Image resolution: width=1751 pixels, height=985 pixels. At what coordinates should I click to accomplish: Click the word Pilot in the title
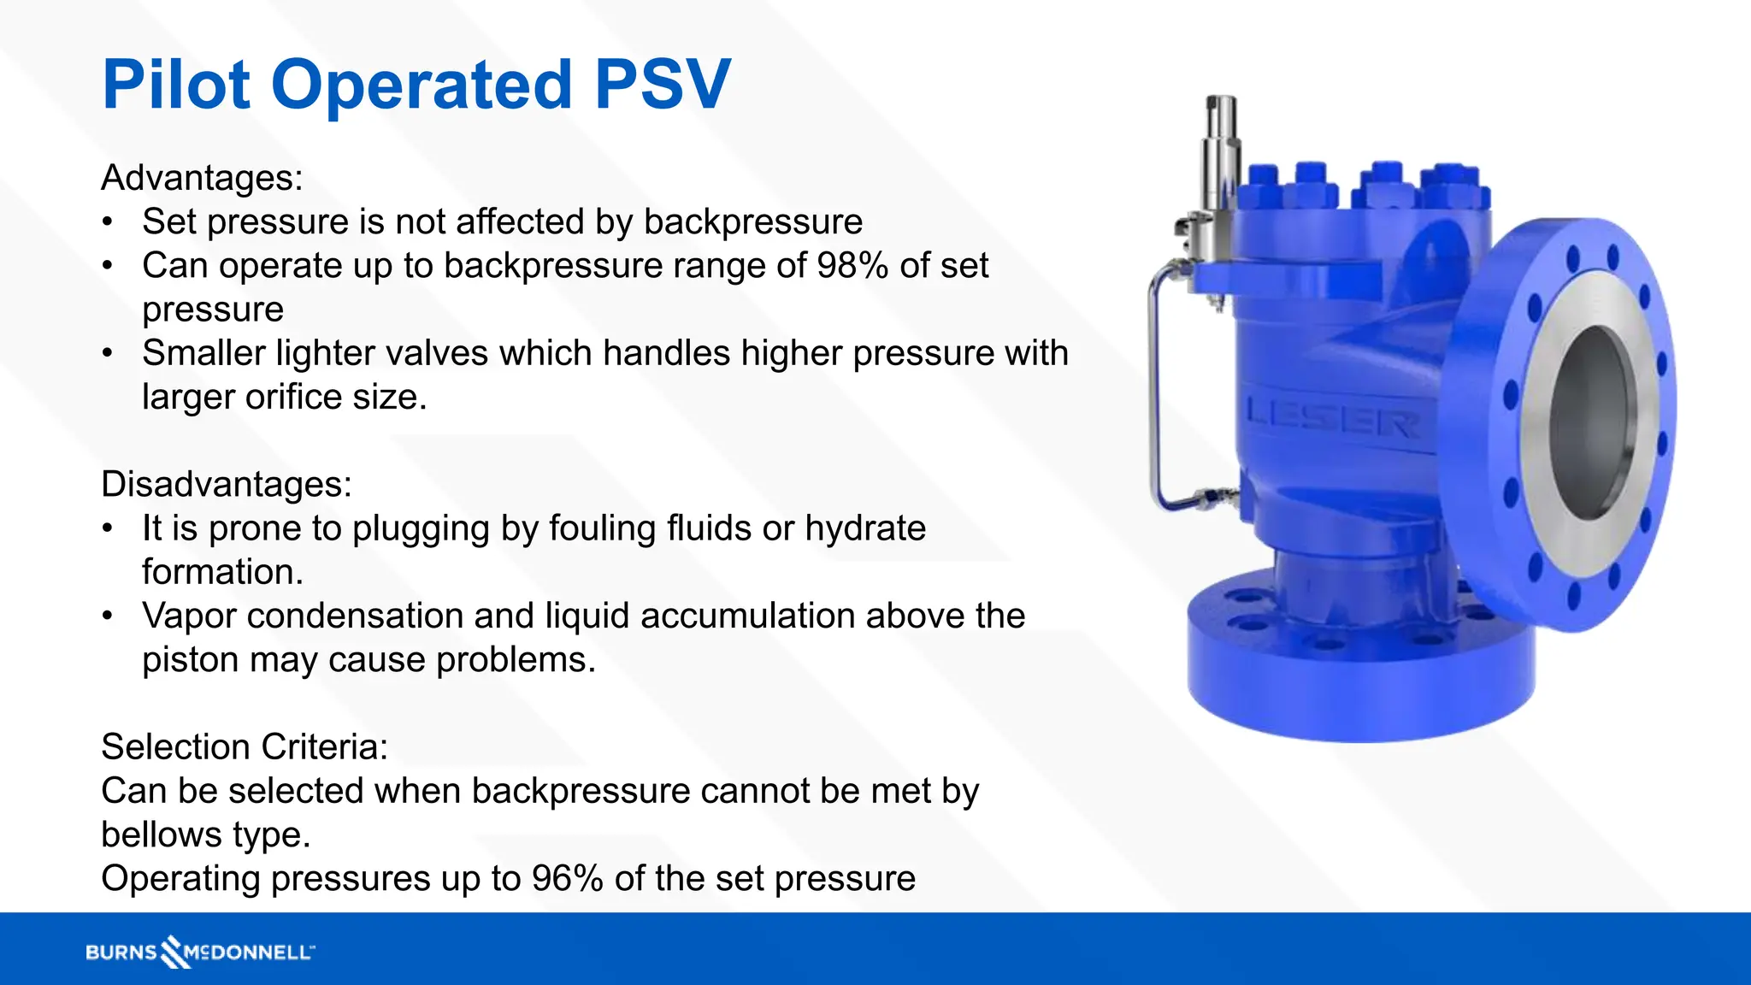point(175,85)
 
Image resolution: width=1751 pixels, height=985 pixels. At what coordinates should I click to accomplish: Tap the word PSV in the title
point(663,85)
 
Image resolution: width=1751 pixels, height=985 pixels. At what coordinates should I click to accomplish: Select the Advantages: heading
point(202,178)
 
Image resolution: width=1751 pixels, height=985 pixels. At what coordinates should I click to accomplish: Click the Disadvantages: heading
point(227,484)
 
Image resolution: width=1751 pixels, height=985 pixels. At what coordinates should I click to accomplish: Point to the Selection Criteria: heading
point(245,746)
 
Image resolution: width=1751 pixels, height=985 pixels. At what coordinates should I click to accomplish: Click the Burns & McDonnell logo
point(200,952)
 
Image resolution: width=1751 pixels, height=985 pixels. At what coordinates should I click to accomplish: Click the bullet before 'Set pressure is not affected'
point(107,222)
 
